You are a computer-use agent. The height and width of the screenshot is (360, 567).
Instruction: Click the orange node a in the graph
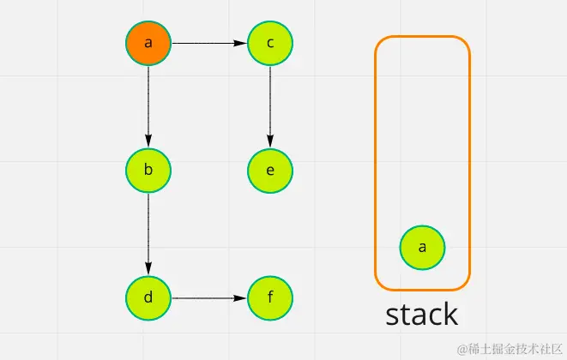[x=148, y=43]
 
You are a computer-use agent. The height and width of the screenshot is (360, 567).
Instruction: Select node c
[x=270, y=43]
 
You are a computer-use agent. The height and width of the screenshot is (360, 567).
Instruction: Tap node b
[x=148, y=170]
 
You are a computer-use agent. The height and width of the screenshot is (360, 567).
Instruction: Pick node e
[x=270, y=170]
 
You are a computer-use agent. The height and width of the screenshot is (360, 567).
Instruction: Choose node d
[x=148, y=298]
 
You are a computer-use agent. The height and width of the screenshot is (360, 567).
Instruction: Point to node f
[x=270, y=298]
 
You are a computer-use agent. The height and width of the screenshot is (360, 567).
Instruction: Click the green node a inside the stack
[x=422, y=248]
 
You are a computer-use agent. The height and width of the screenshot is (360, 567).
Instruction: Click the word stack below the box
[x=421, y=315]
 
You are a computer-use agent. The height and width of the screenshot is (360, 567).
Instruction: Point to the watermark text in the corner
[x=510, y=348]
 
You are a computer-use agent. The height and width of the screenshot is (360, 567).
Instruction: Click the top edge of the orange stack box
[x=422, y=37]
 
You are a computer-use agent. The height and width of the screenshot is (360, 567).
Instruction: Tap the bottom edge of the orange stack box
[x=422, y=289]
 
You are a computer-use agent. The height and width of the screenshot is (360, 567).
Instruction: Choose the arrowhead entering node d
[x=148, y=270]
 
